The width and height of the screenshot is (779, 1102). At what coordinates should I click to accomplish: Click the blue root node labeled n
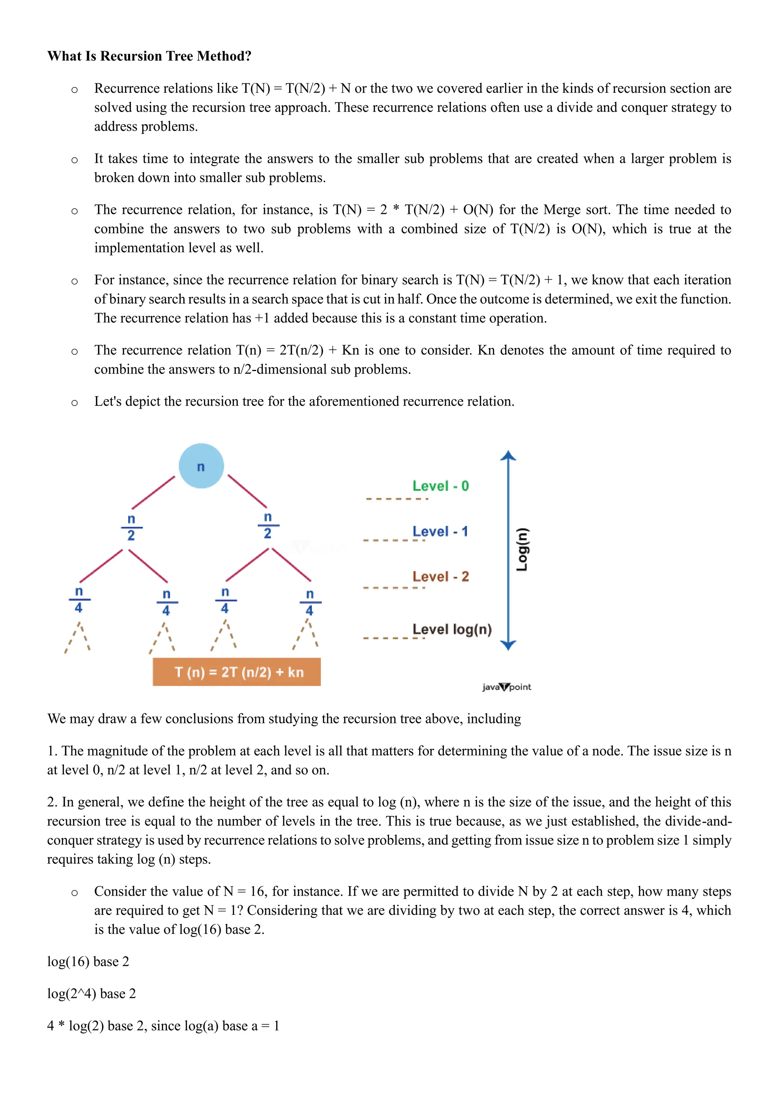201,466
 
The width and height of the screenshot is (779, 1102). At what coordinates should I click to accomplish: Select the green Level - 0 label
440,486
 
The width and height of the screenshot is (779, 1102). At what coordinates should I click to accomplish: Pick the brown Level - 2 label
440,576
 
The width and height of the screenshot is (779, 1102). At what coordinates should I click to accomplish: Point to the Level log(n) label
452,629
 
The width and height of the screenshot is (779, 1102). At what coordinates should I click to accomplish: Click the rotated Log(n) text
522,549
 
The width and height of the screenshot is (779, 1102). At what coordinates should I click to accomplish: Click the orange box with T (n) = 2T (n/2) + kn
237,672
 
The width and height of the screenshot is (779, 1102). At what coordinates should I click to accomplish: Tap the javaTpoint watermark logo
507,687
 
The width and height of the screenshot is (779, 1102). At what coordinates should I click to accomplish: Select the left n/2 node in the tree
131,527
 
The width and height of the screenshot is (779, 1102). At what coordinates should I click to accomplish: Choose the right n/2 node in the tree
268,526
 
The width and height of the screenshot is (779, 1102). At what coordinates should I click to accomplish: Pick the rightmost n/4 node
310,602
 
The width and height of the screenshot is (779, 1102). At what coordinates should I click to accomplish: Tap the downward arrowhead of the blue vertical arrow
508,645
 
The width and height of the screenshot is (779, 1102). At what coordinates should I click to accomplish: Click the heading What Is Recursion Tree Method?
149,56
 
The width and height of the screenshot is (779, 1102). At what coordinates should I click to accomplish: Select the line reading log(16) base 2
88,961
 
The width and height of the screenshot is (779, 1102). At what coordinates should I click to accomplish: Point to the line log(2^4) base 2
92,994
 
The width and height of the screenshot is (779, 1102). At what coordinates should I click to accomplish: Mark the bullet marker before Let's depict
74,402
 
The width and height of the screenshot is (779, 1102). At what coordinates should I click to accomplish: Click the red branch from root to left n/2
154,492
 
